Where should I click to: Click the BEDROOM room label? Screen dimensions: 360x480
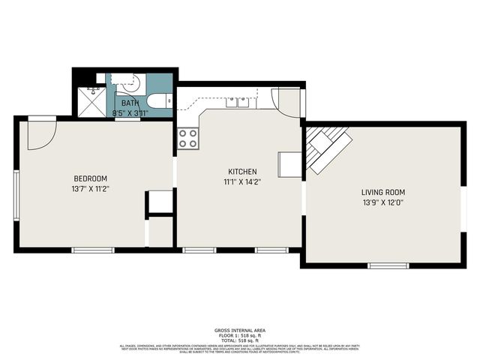tap(90, 178)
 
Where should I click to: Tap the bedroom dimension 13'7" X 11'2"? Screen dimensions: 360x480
tap(90, 189)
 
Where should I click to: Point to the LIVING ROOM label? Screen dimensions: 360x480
tap(382, 192)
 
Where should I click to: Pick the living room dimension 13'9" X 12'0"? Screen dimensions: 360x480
tap(382, 202)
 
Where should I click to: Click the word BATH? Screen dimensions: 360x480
tap(130, 103)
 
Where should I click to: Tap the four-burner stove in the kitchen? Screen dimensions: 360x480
tap(187, 138)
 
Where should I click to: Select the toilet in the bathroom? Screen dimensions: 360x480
tap(158, 101)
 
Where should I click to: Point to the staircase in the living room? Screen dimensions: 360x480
tap(327, 148)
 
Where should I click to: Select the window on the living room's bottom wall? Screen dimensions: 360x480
tap(388, 265)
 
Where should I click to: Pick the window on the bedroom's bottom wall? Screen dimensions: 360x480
tap(92, 250)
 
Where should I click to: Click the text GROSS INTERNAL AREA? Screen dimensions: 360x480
tap(239, 330)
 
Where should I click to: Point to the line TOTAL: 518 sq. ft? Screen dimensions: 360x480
tap(239, 340)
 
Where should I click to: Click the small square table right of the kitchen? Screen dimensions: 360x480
tap(289, 164)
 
